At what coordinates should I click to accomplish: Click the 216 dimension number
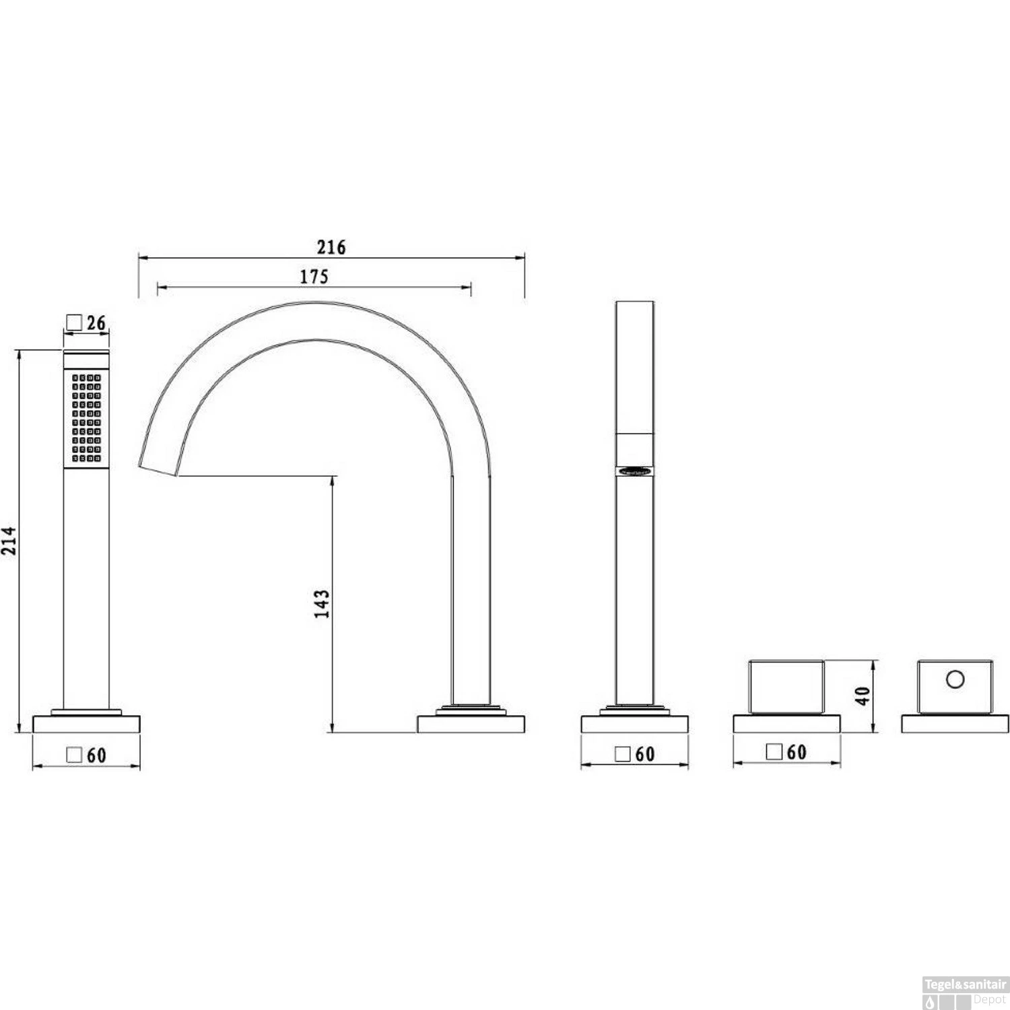331,247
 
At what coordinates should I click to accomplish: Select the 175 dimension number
314,276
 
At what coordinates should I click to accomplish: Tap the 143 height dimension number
322,604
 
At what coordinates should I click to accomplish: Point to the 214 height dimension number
9,541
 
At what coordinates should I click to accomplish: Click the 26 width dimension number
96,323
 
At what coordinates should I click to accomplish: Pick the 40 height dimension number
863,696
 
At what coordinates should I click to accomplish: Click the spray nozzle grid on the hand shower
86,417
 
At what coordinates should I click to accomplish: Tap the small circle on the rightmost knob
955,679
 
